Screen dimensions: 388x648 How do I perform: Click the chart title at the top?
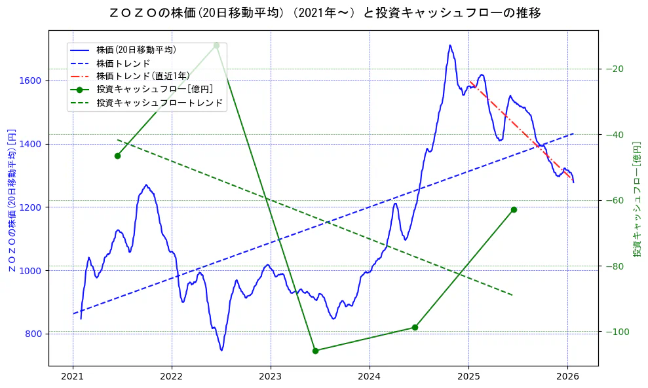click(x=324, y=12)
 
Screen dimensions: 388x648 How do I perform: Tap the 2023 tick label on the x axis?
click(x=271, y=377)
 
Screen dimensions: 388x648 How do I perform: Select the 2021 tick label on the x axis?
click(x=73, y=377)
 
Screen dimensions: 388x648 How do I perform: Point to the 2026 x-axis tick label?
click(x=567, y=377)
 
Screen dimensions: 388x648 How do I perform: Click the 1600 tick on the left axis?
click(x=31, y=80)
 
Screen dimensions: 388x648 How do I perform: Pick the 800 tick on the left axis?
click(x=33, y=334)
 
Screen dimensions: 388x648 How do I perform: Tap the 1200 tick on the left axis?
click(x=31, y=207)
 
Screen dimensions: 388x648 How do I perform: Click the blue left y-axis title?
click(x=12, y=200)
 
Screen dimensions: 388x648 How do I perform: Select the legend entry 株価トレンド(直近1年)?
click(x=143, y=76)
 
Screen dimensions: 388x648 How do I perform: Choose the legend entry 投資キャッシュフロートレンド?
click(x=159, y=103)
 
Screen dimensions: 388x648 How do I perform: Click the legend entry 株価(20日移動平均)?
click(x=136, y=49)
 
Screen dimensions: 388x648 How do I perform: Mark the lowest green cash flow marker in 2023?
click(x=315, y=351)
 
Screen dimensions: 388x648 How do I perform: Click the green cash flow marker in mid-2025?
click(x=514, y=209)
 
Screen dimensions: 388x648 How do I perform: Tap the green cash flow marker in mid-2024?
click(x=415, y=327)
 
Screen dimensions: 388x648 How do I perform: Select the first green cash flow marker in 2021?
click(x=117, y=156)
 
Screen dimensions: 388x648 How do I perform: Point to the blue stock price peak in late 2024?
click(x=449, y=46)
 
